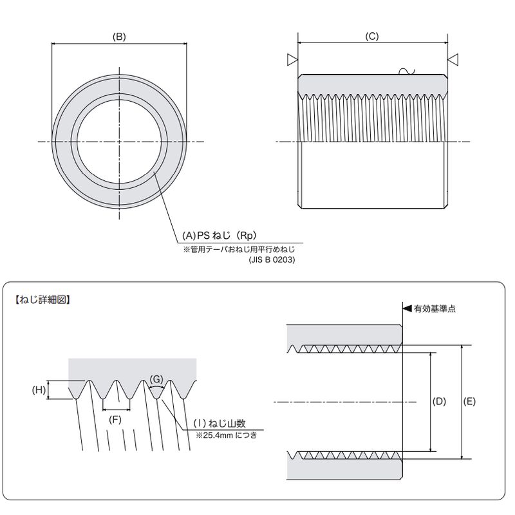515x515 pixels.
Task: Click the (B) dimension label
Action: (x=119, y=37)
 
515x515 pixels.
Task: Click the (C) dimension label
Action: (x=372, y=36)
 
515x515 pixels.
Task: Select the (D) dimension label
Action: (x=439, y=401)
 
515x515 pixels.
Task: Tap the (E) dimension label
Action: (x=469, y=401)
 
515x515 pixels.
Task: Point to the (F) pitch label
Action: (x=115, y=420)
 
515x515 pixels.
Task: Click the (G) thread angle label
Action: (x=156, y=379)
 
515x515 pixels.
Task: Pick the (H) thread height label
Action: (x=39, y=390)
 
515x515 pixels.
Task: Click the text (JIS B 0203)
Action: (x=272, y=260)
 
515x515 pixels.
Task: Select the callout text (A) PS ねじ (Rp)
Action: (x=219, y=236)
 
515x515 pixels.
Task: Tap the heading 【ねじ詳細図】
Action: (x=42, y=299)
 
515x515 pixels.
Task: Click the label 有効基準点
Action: (x=435, y=309)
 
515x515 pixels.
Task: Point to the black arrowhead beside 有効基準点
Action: (x=407, y=308)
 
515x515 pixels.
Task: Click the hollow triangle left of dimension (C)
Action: (x=292, y=60)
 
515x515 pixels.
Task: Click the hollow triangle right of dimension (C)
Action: (x=453, y=60)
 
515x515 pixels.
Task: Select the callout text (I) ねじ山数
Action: (x=220, y=424)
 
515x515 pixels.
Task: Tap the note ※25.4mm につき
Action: (x=227, y=435)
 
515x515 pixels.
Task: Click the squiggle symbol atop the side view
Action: (x=407, y=71)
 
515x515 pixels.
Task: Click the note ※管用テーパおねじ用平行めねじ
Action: (x=239, y=249)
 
